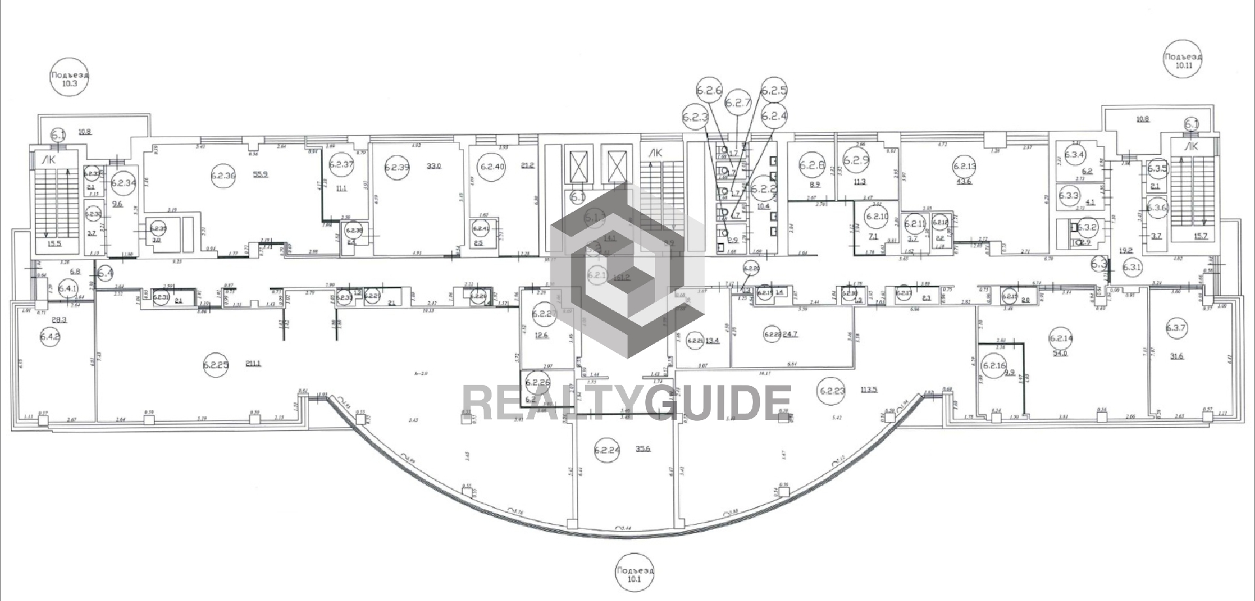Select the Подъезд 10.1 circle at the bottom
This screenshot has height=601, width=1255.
click(635, 574)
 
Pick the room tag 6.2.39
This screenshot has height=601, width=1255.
click(397, 167)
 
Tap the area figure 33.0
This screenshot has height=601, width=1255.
click(434, 166)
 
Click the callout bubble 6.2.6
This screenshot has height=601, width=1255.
click(709, 91)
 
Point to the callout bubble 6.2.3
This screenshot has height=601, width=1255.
click(695, 118)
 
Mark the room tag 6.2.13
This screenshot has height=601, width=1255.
click(965, 167)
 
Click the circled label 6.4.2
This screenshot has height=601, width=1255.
click(50, 338)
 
